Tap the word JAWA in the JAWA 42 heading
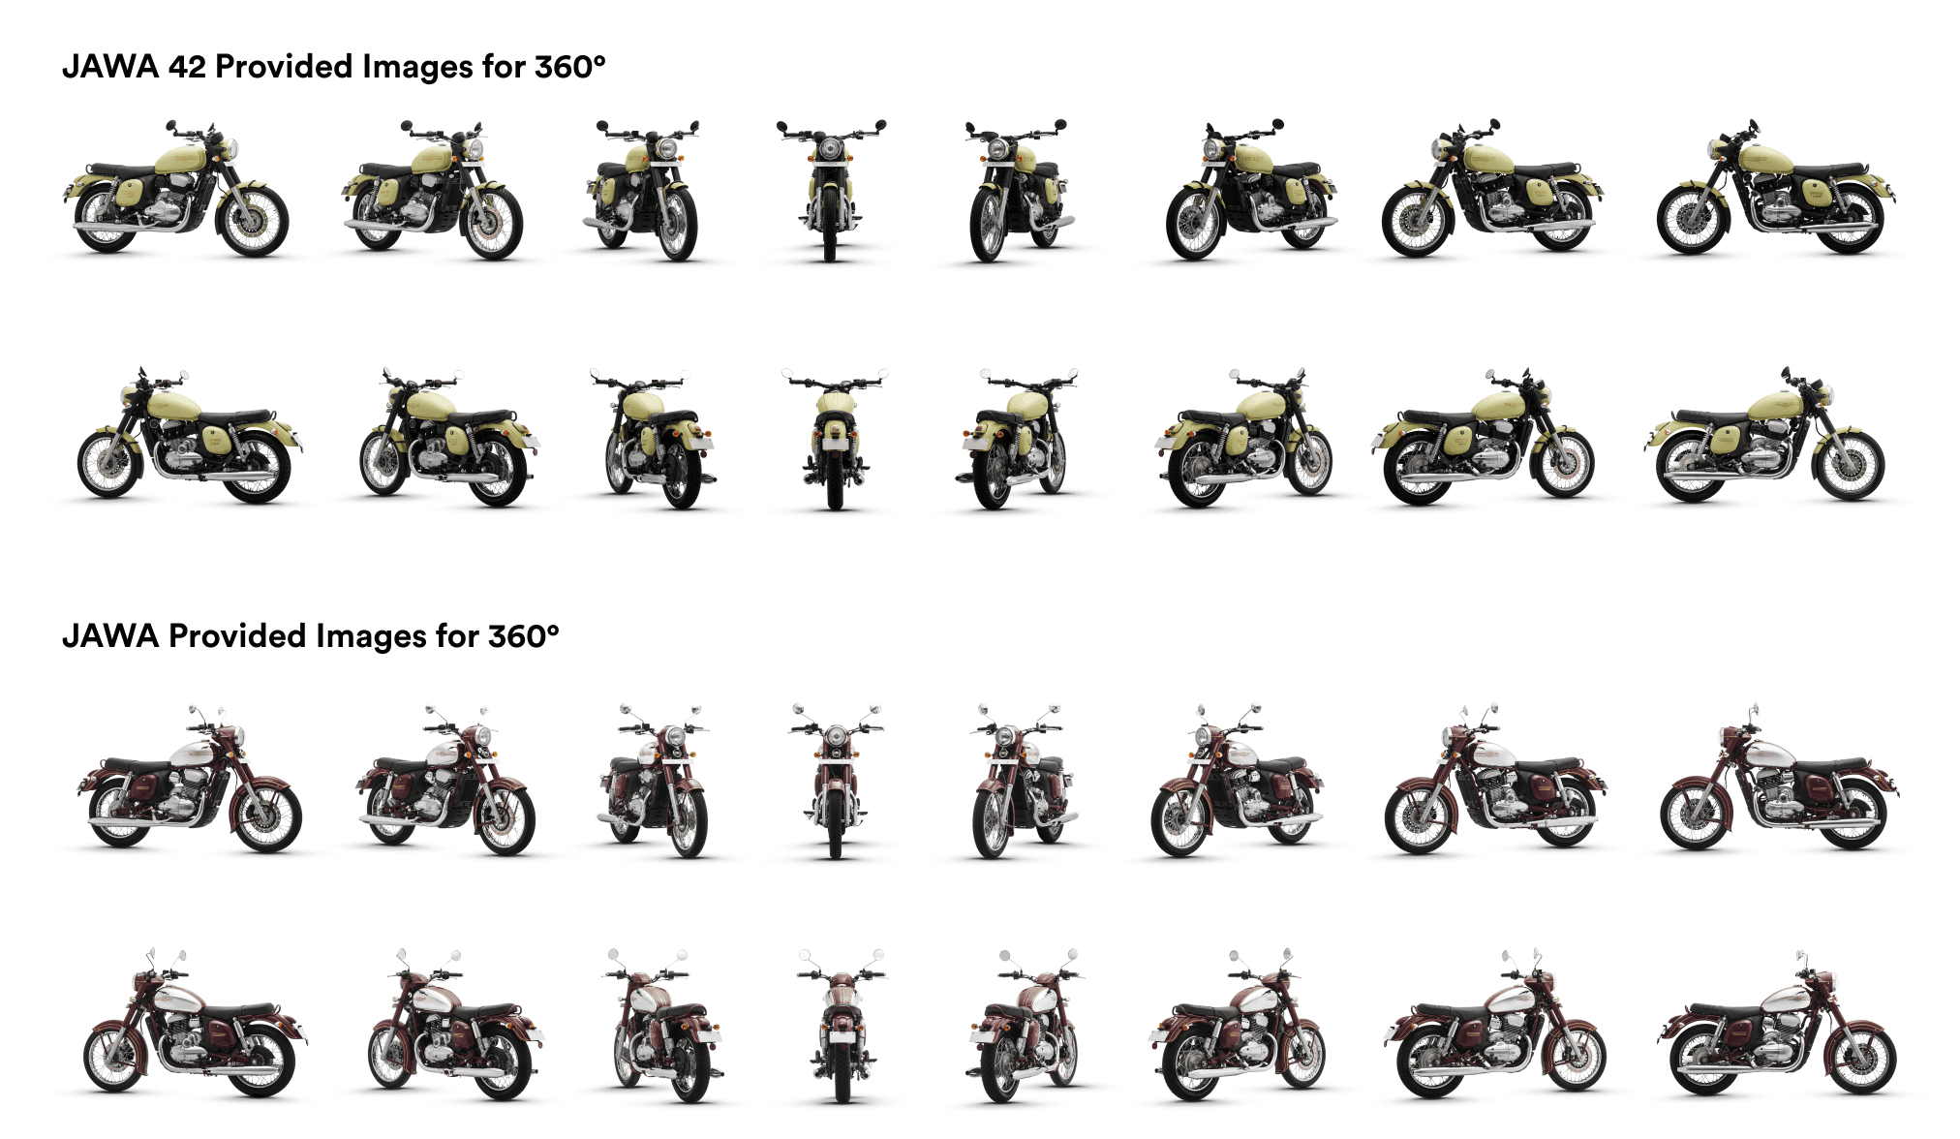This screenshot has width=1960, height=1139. tap(110, 66)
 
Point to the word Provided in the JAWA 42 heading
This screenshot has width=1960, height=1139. tap(284, 66)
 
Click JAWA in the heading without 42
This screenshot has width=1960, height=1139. tap(110, 635)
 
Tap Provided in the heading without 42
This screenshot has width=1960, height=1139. tap(237, 635)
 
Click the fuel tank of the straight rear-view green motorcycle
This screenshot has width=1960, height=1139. tap(835, 402)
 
